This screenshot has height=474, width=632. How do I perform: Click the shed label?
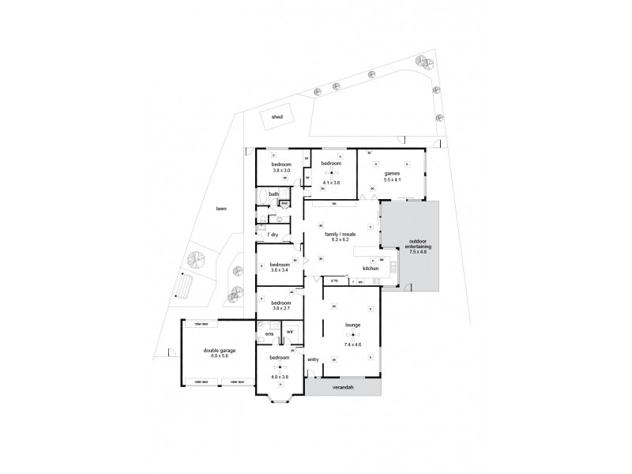pyautogui.click(x=276, y=117)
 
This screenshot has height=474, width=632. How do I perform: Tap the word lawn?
pyautogui.click(x=222, y=209)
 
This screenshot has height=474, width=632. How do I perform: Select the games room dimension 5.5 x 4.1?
pyautogui.click(x=393, y=180)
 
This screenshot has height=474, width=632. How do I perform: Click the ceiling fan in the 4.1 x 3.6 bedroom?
pyautogui.click(x=332, y=173)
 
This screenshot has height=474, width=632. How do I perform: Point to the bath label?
pyautogui.click(x=273, y=194)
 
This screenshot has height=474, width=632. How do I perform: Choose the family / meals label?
pyautogui.click(x=338, y=235)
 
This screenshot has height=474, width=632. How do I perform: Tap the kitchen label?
pyautogui.click(x=371, y=269)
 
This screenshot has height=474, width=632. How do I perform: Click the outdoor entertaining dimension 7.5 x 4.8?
pyautogui.click(x=415, y=252)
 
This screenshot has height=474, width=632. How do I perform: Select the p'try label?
pyautogui.click(x=335, y=280)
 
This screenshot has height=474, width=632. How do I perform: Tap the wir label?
pyautogui.click(x=290, y=332)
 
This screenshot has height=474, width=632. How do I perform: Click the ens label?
pyautogui.click(x=269, y=334)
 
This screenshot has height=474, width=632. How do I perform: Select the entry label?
pyautogui.click(x=313, y=359)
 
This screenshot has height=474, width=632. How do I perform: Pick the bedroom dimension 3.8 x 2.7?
pyautogui.click(x=282, y=308)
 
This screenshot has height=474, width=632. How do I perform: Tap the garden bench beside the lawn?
pyautogui.click(x=185, y=284)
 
